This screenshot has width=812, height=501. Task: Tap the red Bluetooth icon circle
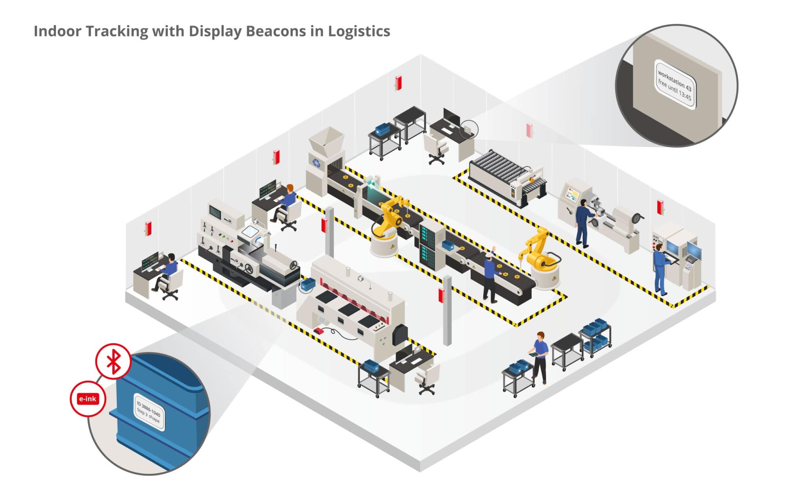click(x=113, y=361)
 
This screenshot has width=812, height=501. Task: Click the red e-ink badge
click(x=88, y=399)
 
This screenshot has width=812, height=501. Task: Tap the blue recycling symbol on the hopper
click(x=316, y=162)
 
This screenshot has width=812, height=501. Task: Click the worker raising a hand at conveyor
click(x=490, y=276)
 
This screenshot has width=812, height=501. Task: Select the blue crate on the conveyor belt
click(x=448, y=245)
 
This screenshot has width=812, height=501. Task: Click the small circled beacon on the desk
click(x=468, y=129)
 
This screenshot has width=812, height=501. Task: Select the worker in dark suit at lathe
click(x=582, y=222)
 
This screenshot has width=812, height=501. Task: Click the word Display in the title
click(x=215, y=31)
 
